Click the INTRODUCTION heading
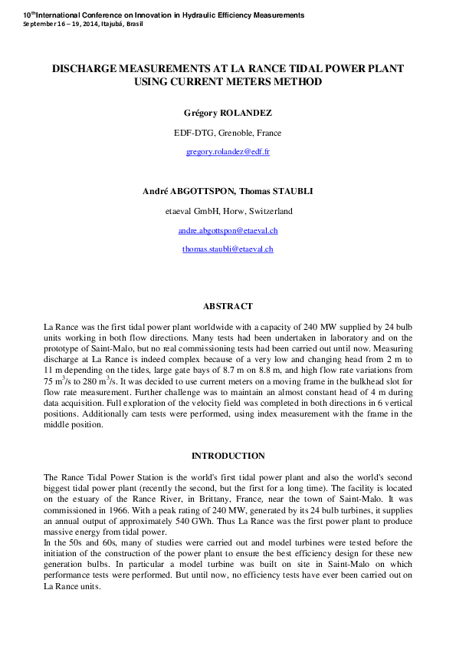click(228, 456)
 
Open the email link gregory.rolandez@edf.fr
click(228, 152)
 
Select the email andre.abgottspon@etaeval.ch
click(228, 230)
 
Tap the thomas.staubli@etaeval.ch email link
click(228, 249)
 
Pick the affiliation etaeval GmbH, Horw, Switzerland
click(228, 211)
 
